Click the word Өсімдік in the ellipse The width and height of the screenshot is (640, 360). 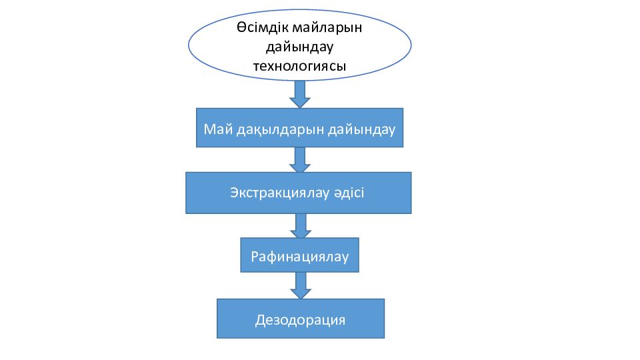click(262, 28)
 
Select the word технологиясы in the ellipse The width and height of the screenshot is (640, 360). click(299, 66)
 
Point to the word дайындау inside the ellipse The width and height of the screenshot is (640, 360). click(299, 47)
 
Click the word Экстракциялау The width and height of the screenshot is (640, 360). click(279, 193)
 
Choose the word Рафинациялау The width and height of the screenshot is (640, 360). click(299, 256)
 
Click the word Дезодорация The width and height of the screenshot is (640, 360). click(300, 319)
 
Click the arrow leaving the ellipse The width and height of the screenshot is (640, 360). click(300, 94)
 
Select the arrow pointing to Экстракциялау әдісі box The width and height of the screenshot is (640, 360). click(300, 159)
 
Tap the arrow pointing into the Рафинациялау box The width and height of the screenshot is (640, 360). click(301, 226)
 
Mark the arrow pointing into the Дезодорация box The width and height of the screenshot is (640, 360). click(301, 285)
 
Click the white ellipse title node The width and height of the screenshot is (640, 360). click(299, 45)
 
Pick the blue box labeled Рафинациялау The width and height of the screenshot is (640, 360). click(299, 255)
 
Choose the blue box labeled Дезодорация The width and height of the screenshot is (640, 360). click(301, 319)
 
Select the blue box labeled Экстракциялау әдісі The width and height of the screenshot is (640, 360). click(299, 193)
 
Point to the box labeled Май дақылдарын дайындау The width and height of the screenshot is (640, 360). click(299, 128)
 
